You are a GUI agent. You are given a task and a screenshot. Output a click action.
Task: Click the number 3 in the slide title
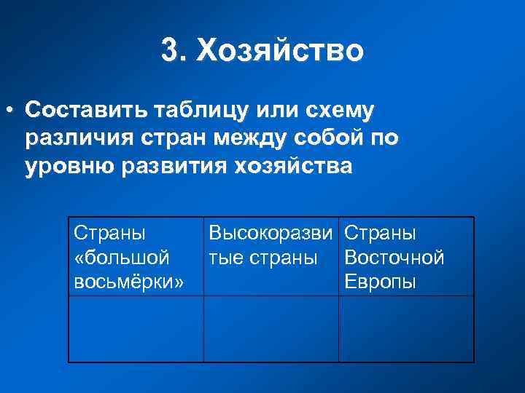169,51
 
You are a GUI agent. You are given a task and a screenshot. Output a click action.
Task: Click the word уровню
66,167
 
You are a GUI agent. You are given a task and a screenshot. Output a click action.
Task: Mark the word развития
170,167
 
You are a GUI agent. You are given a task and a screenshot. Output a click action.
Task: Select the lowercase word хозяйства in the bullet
293,167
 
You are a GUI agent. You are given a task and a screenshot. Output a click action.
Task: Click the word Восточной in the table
394,258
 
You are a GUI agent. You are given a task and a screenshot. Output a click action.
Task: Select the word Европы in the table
380,282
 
